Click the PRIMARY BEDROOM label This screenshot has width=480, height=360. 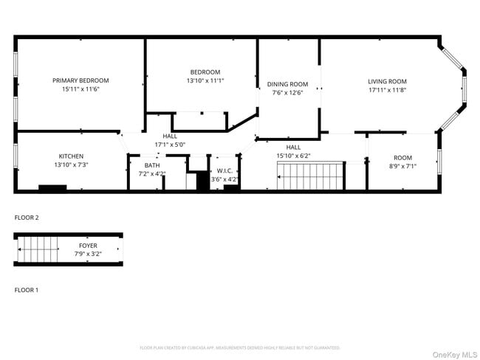point(80,80)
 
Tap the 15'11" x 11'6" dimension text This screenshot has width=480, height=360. point(80,89)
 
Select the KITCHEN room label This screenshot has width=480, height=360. point(71,156)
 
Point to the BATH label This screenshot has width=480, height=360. point(152,165)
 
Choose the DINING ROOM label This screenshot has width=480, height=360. point(287,84)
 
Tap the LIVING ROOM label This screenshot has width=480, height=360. point(387,81)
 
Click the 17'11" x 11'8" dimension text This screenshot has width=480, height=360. point(387,90)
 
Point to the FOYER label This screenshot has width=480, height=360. point(88,245)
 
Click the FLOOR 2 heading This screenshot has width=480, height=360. point(27,218)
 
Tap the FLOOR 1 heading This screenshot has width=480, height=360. point(27,290)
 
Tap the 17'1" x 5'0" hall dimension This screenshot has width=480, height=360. point(170,145)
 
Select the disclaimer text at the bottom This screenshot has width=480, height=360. point(240,347)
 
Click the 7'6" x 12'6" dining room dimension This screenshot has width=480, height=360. point(287,93)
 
